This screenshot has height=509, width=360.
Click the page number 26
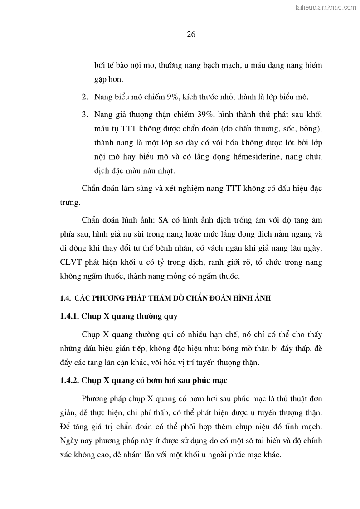(x=191, y=35)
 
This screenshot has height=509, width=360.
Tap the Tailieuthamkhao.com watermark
(x=325, y=7)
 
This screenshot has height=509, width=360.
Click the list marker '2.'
(x=84, y=97)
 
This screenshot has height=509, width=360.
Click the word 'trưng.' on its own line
(x=69, y=204)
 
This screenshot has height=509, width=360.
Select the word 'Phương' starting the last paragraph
(x=96, y=398)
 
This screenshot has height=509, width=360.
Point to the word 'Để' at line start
(x=65, y=427)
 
